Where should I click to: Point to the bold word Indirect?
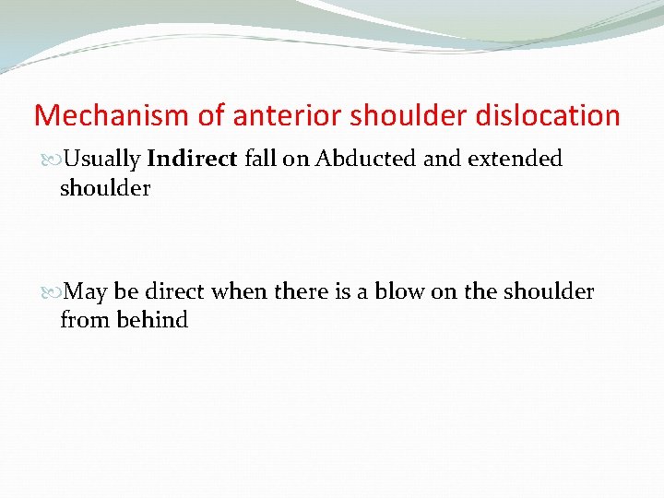(193, 159)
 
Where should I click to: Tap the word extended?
(515, 159)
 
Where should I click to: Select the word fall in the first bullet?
(260, 159)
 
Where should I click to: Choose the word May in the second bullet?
(87, 292)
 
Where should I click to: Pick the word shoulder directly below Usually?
(104, 187)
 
